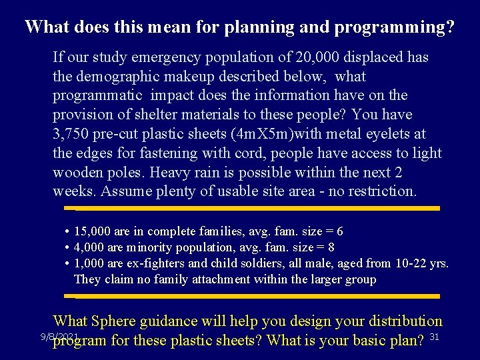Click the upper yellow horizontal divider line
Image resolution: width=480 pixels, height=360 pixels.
point(257,209)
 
